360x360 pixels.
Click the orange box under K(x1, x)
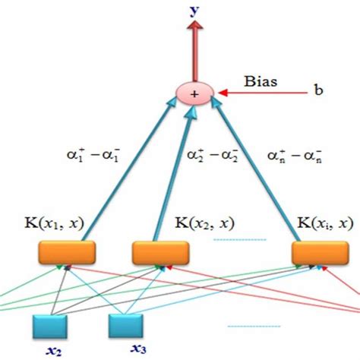point(67,251)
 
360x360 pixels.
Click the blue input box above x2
point(51,326)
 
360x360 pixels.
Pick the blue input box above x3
point(126,326)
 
